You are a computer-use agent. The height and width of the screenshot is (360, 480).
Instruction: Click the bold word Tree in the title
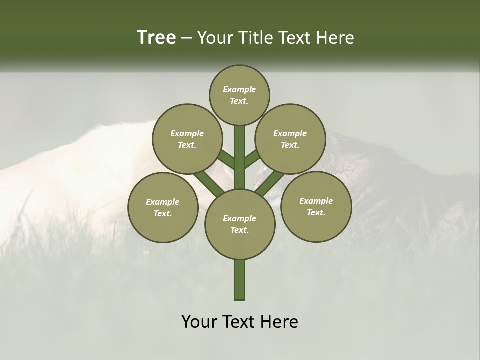tap(156, 38)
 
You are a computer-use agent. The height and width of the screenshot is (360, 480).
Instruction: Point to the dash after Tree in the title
tap(187, 38)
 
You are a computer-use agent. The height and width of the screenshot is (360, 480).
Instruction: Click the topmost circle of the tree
tap(239, 95)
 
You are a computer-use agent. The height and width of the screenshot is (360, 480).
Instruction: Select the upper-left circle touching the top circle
tap(187, 139)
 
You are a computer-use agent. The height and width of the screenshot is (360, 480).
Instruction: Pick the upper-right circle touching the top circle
tap(290, 139)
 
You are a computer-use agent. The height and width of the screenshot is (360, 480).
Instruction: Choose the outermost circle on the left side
tap(163, 207)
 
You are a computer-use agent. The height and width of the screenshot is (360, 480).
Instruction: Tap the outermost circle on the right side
tap(316, 206)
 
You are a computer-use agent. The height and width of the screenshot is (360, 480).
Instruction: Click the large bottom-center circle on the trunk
tap(239, 224)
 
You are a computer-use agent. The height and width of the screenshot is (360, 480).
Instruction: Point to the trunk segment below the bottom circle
tap(239, 280)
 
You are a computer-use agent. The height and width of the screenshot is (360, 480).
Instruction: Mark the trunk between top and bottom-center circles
tap(239, 157)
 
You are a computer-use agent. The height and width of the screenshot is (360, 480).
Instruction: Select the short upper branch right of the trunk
tap(251, 159)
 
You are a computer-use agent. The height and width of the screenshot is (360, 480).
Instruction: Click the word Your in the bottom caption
tap(199, 322)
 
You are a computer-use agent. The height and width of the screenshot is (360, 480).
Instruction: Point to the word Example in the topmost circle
tap(239, 89)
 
